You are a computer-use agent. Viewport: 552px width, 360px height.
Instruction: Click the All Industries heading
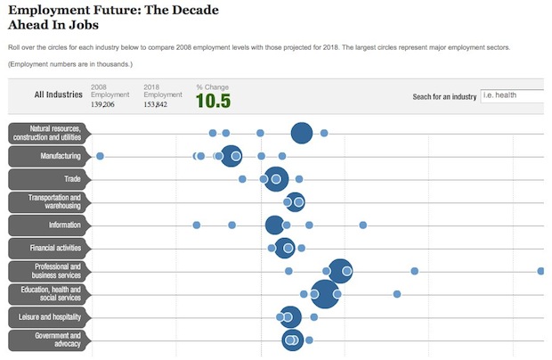(x=58, y=94)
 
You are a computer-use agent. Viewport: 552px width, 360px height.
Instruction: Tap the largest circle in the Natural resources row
(x=302, y=134)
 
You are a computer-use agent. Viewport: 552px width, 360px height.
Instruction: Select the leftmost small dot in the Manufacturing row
(x=100, y=156)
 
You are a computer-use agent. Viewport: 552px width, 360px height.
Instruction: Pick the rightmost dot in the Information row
(x=363, y=225)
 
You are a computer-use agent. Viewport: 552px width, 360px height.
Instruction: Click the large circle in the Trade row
(x=276, y=179)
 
